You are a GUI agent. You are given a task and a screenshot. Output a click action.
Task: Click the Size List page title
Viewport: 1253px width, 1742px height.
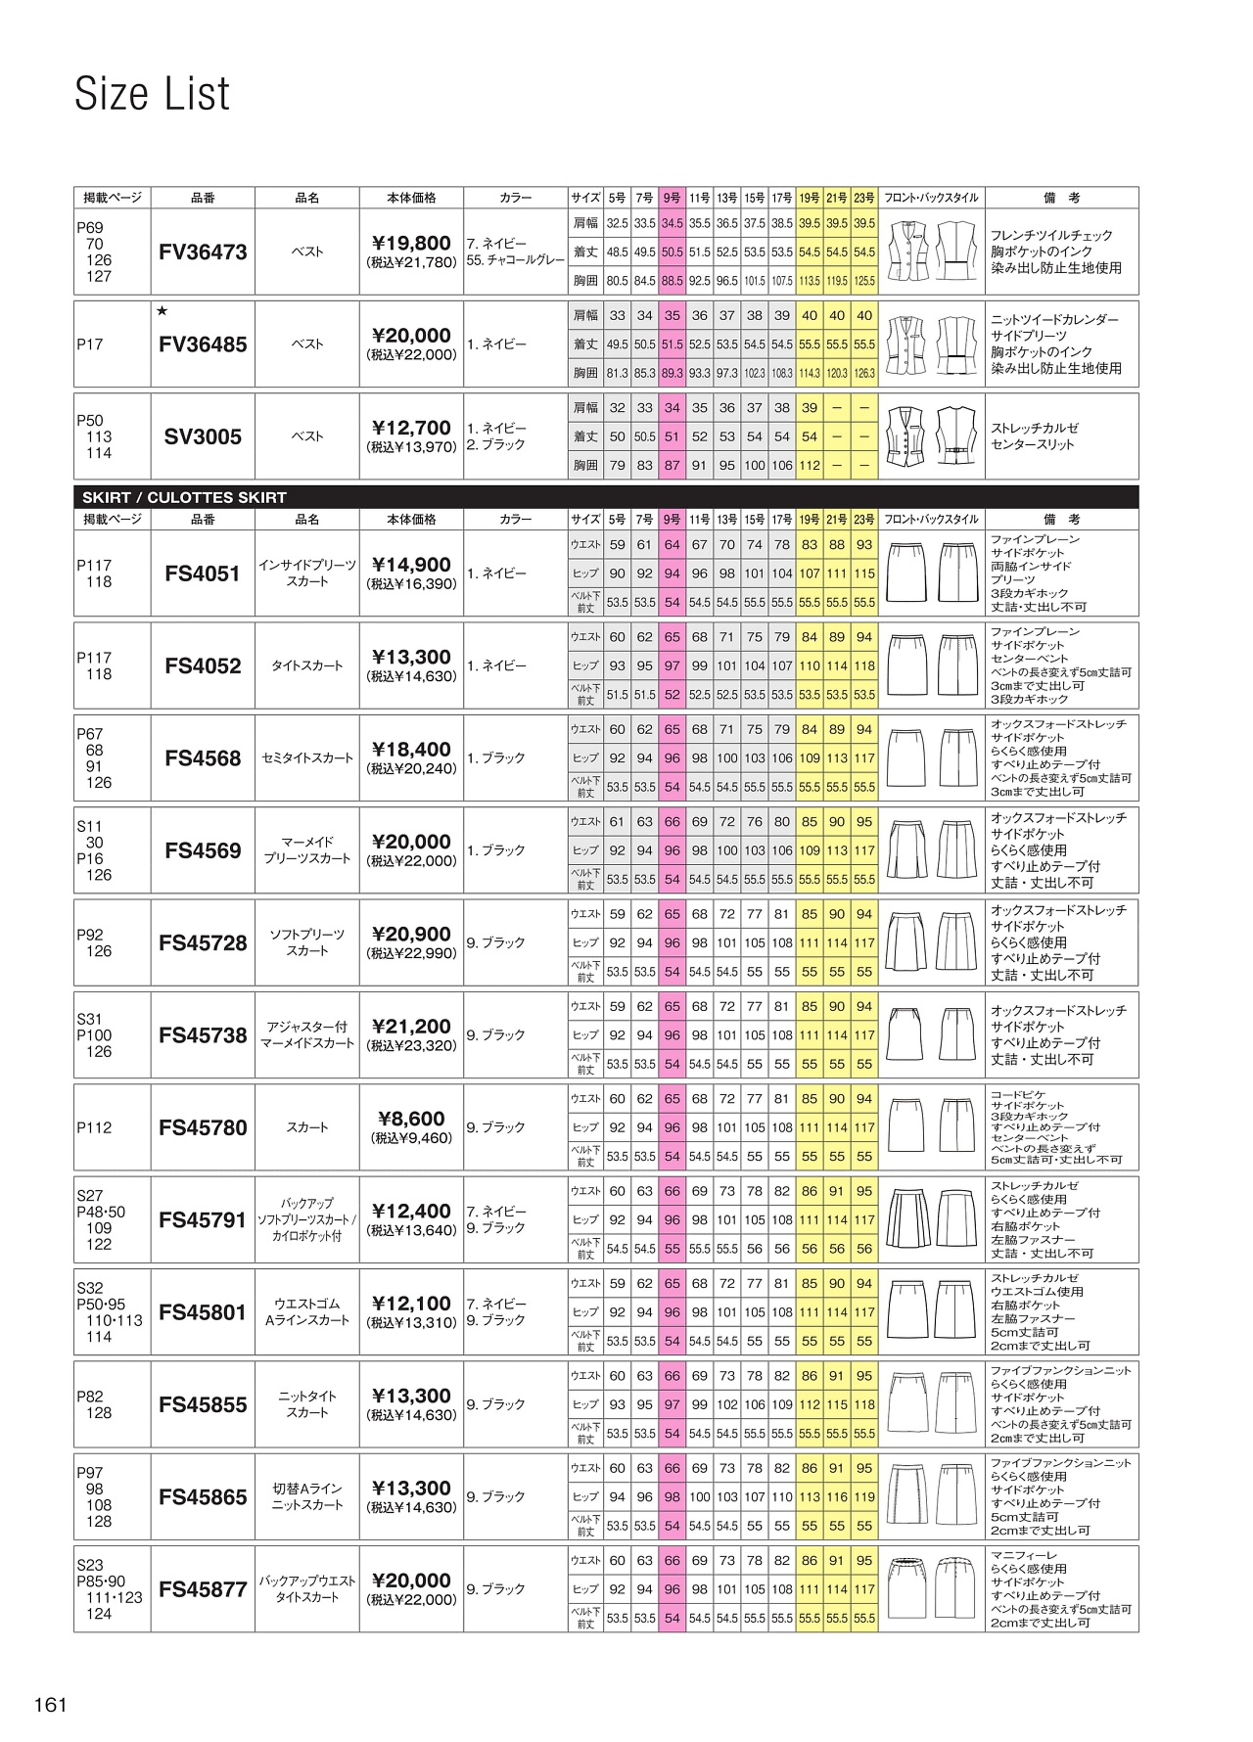click(153, 94)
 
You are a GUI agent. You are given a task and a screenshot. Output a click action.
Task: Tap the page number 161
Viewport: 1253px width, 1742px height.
click(50, 1705)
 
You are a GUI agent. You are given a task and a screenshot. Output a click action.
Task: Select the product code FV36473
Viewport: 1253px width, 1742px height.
click(203, 252)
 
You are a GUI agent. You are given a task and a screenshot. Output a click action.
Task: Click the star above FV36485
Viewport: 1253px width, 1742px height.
click(162, 311)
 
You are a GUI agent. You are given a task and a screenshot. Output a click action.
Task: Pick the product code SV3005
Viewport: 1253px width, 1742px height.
click(203, 436)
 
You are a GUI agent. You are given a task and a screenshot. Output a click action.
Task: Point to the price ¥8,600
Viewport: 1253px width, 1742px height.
click(411, 1119)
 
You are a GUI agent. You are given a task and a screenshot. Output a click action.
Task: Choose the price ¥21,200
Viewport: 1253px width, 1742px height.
click(411, 1027)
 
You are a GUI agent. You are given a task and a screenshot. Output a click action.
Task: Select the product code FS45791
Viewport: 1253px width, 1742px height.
click(203, 1219)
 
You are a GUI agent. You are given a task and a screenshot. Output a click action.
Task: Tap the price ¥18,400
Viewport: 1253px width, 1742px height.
click(411, 750)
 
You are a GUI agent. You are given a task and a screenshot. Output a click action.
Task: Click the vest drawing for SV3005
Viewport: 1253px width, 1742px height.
click(932, 436)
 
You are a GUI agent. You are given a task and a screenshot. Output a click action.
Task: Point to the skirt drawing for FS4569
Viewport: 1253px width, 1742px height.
click(932, 850)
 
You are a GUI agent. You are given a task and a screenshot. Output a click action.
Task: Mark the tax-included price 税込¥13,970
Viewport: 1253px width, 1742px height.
click(411, 447)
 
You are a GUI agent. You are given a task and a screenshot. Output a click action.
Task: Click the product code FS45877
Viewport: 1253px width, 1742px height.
click(203, 1589)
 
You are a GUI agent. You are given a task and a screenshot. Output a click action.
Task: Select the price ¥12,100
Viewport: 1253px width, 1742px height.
click(411, 1304)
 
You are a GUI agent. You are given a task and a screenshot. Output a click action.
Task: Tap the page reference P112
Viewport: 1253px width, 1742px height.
click(94, 1127)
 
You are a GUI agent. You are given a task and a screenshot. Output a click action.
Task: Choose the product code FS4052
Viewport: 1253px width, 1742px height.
click(203, 665)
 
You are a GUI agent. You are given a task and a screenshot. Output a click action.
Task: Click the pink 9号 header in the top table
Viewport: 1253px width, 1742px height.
click(672, 198)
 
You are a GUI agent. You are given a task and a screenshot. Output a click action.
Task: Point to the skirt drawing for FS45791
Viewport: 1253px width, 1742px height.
click(932, 1219)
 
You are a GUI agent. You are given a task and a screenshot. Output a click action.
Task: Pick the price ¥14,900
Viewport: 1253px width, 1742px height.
click(411, 565)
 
